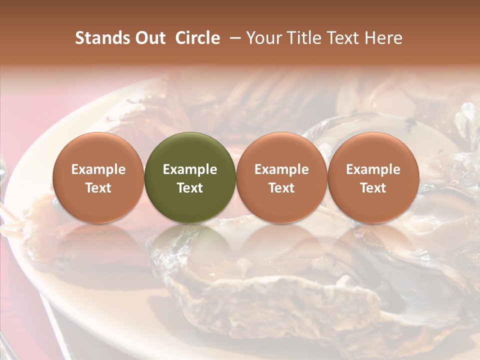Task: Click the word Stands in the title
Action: click(100, 38)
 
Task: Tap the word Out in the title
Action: click(149, 38)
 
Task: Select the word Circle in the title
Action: click(197, 38)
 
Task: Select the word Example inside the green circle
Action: click(190, 169)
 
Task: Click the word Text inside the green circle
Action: click(190, 188)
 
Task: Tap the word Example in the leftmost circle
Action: click(98, 169)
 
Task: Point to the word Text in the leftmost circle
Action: click(98, 188)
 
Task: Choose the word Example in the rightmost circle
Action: click(373, 169)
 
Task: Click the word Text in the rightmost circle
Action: click(373, 188)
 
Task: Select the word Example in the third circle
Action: click(281, 169)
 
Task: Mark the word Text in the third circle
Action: click(281, 188)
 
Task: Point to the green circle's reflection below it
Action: click(190, 245)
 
